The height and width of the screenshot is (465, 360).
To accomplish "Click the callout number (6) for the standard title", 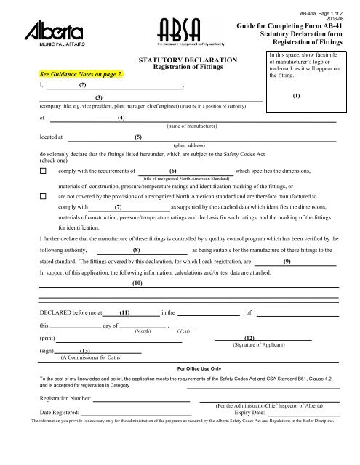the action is point(173,171).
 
